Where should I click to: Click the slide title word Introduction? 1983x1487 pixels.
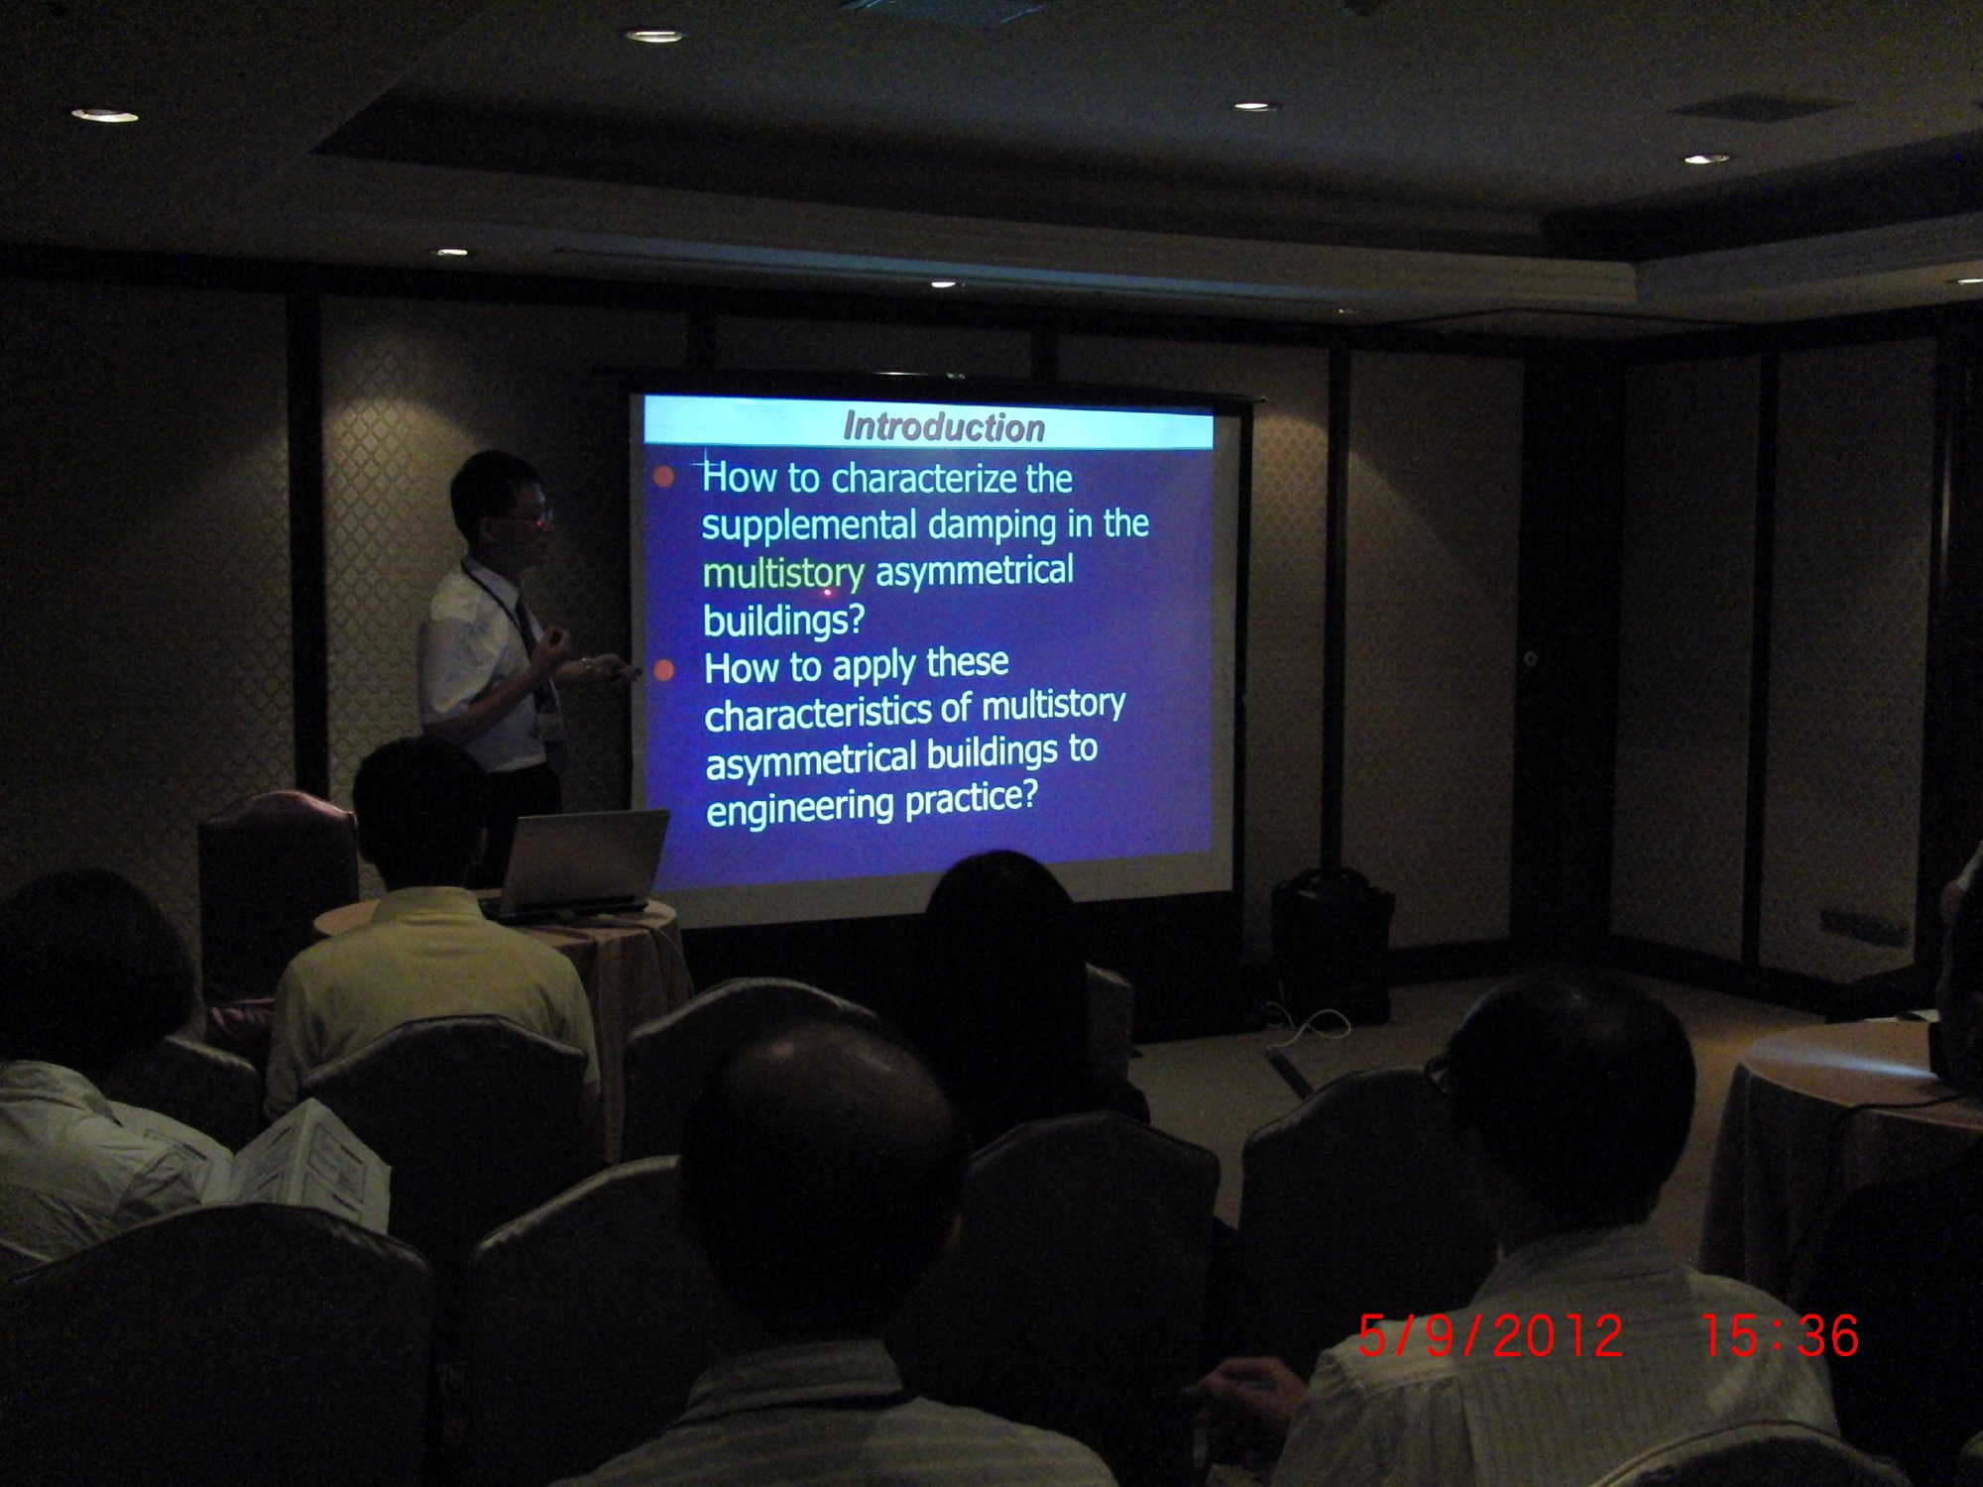tap(944, 427)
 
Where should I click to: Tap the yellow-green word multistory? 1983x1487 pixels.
tap(783, 574)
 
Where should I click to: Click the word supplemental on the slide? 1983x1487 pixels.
tap(809, 525)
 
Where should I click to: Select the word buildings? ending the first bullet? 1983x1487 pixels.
tap(783, 622)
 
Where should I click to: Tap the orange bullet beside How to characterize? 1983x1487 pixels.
tap(664, 478)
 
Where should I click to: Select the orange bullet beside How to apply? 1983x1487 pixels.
tap(664, 671)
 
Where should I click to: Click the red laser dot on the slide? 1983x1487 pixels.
tap(829, 592)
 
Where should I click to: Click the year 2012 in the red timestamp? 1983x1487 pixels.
tap(1557, 1336)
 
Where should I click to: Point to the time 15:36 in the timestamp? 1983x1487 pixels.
tap(1781, 1335)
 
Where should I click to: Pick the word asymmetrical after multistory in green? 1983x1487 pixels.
tap(974, 572)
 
